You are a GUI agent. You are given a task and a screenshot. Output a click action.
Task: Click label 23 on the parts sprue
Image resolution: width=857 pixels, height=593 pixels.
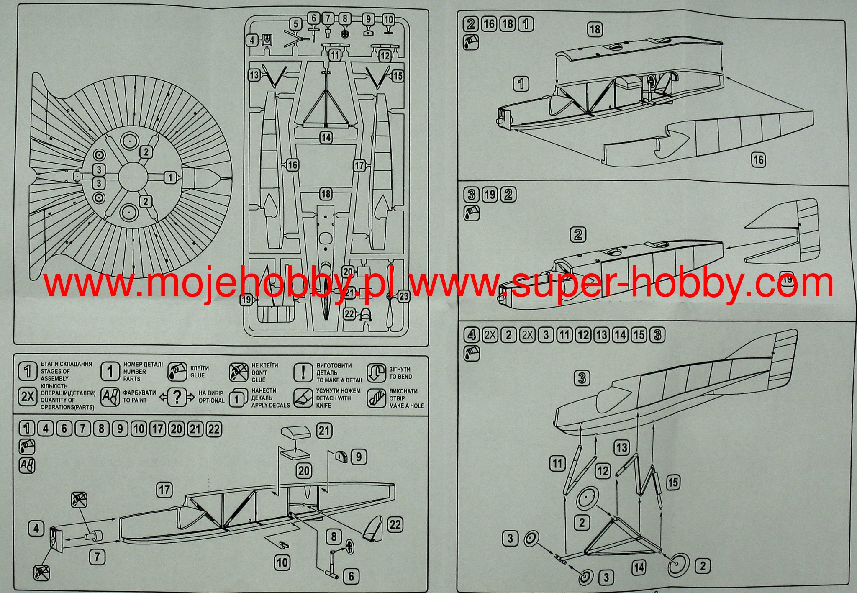click(403, 296)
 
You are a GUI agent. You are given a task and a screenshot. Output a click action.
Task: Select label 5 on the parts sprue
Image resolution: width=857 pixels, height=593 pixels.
click(296, 24)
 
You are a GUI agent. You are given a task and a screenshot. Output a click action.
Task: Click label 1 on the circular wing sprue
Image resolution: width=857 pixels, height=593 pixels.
click(170, 177)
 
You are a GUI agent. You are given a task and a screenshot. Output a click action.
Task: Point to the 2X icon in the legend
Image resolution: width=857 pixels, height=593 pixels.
click(28, 396)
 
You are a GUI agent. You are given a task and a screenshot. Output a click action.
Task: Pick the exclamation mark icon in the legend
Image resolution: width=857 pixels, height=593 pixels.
click(303, 372)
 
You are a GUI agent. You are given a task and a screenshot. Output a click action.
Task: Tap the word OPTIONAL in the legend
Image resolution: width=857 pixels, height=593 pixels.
click(212, 400)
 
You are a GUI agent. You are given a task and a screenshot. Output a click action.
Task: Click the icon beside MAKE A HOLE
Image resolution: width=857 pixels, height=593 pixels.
click(376, 398)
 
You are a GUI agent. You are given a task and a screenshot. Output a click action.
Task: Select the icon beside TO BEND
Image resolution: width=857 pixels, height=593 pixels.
click(376, 372)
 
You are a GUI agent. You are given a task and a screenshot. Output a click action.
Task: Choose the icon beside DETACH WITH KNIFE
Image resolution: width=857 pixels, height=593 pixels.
click(303, 398)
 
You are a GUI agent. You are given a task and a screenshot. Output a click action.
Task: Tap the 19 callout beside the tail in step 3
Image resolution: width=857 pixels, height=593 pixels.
click(787, 279)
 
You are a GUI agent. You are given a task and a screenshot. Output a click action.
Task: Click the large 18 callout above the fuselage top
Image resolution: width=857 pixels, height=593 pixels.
click(595, 29)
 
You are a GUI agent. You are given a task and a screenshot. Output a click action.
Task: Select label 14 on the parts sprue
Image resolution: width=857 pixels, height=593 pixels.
click(326, 137)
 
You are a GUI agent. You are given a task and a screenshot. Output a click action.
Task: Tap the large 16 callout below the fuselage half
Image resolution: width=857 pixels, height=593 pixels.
click(758, 159)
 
